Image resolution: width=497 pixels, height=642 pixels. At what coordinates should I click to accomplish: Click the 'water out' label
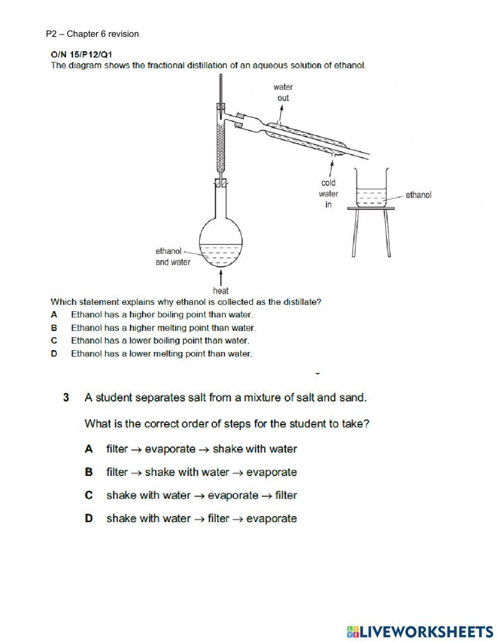tap(283, 92)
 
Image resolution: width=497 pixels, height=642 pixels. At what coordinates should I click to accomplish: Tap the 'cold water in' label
tap(329, 193)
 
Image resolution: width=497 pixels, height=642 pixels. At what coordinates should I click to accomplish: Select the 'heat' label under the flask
tap(221, 290)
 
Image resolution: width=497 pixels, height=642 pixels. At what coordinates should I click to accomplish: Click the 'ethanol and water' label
tap(172, 257)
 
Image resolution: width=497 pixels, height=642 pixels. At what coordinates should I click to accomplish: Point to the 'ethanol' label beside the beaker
tap(418, 195)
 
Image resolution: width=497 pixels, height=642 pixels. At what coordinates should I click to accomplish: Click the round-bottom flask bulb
tap(221, 244)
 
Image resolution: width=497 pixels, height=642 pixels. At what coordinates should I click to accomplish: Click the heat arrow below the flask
tap(221, 276)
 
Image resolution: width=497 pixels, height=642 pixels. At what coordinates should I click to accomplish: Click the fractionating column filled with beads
tap(221, 144)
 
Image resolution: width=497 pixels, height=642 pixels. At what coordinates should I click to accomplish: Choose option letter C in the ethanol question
tap(54, 341)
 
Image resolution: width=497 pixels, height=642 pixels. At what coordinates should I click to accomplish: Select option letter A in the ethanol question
tap(54, 314)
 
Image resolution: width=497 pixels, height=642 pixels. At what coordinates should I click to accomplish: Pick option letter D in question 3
tap(89, 518)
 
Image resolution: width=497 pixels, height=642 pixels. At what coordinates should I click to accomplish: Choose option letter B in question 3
tap(89, 472)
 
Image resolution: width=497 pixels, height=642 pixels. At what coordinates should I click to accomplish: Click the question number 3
tap(66, 397)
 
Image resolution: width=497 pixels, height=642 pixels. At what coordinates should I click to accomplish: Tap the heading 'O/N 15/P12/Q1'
tap(81, 54)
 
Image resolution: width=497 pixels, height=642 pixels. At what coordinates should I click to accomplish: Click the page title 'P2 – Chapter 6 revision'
tap(92, 34)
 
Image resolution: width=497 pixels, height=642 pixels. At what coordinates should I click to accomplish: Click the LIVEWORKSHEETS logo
tap(420, 631)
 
